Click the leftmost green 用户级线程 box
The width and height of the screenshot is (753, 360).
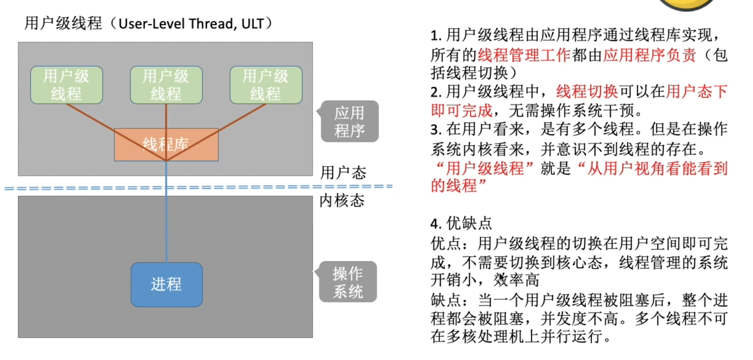67,85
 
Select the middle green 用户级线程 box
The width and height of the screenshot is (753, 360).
166,85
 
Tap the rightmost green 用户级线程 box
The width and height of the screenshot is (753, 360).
266,85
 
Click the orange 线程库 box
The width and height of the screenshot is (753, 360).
166,145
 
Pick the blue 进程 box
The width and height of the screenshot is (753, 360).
167,285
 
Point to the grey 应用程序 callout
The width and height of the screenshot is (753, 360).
349,122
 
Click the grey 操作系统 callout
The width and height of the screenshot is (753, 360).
348,282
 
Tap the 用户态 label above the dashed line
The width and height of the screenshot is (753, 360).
343,173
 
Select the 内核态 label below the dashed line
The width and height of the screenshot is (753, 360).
342,200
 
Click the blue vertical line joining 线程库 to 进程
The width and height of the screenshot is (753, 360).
166,227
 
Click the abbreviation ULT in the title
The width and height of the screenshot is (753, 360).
253,24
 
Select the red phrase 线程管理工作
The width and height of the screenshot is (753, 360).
524,55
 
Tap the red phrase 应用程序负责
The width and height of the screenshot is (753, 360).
650,55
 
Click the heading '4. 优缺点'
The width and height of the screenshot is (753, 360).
461,223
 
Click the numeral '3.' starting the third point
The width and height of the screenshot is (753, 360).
436,130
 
